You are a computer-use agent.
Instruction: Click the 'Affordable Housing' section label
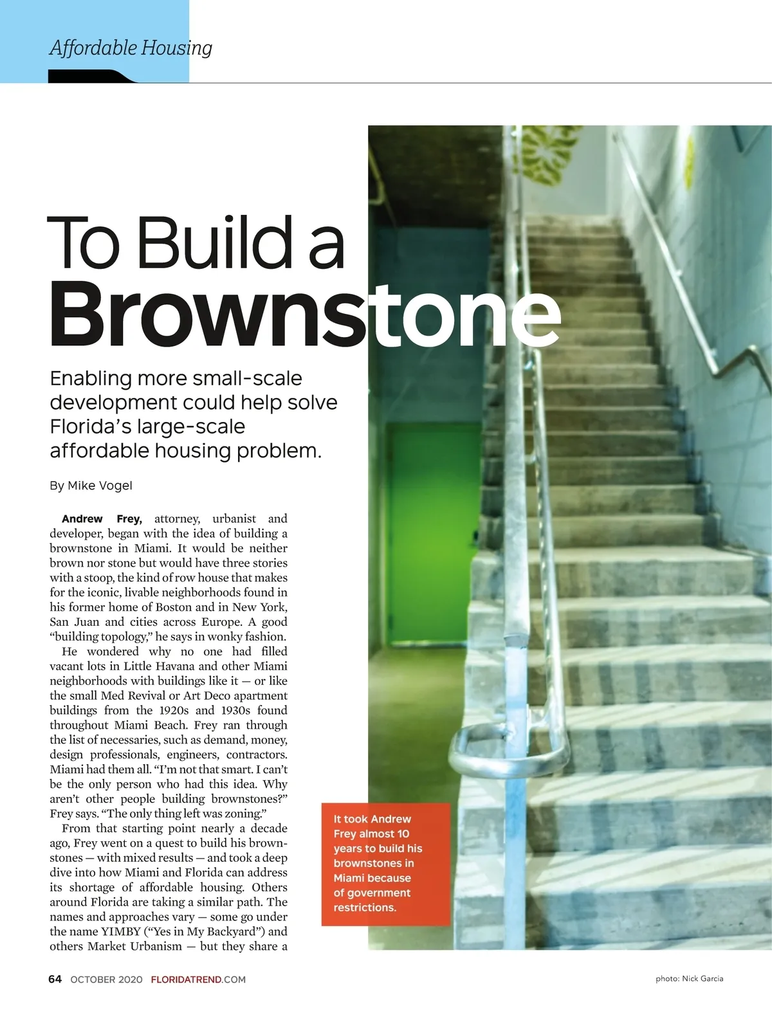pos(131,48)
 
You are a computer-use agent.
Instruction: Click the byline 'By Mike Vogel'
pos(91,486)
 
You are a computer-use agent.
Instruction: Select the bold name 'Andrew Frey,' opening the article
pos(102,519)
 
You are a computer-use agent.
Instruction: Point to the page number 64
pos(55,979)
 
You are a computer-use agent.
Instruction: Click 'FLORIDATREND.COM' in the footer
pos(198,980)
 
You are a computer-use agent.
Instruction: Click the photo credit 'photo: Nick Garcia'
pos(689,979)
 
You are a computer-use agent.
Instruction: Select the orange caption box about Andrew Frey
pos(385,863)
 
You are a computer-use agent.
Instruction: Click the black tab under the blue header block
pos(90,77)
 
